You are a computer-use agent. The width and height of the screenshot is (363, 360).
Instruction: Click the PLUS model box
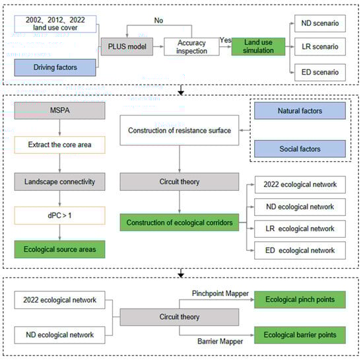pyautogui.click(x=127, y=46)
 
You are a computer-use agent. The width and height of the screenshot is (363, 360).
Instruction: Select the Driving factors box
pyautogui.click(x=55, y=67)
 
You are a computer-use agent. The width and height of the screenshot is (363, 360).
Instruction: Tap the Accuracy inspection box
pyautogui.click(x=191, y=47)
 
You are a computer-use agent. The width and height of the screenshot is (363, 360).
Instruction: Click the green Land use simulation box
pyautogui.click(x=258, y=46)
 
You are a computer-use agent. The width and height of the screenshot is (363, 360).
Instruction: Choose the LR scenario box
pyautogui.click(x=320, y=46)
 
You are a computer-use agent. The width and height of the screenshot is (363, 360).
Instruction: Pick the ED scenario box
pyautogui.click(x=320, y=72)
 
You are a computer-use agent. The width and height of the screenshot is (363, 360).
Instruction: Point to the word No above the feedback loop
pyautogui.click(x=158, y=20)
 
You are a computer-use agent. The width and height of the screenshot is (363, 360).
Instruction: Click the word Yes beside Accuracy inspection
pyautogui.click(x=226, y=40)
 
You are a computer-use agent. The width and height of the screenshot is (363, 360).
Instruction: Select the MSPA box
pyautogui.click(x=59, y=110)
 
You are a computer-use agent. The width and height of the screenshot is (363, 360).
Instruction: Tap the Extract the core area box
pyautogui.click(x=59, y=145)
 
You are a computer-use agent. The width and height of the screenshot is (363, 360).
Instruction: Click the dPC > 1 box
pyautogui.click(x=59, y=215)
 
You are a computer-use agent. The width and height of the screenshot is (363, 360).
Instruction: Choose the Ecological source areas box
pyautogui.click(x=59, y=249)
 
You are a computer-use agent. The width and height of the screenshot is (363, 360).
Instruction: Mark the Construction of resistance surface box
pyautogui.click(x=180, y=130)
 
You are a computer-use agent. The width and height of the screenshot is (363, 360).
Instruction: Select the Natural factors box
pyautogui.click(x=300, y=111)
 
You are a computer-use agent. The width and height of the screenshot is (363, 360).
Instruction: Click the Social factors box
pyautogui.click(x=300, y=149)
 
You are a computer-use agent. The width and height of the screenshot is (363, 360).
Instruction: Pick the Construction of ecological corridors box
pyautogui.click(x=180, y=223)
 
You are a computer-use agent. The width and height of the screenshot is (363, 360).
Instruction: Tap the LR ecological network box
pyautogui.click(x=300, y=229)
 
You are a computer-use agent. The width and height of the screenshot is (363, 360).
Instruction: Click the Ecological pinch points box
pyautogui.click(x=300, y=299)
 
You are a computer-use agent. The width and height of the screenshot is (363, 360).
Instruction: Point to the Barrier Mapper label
pyautogui.click(x=220, y=342)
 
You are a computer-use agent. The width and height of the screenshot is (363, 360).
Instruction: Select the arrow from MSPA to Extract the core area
pyautogui.click(x=59, y=127)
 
